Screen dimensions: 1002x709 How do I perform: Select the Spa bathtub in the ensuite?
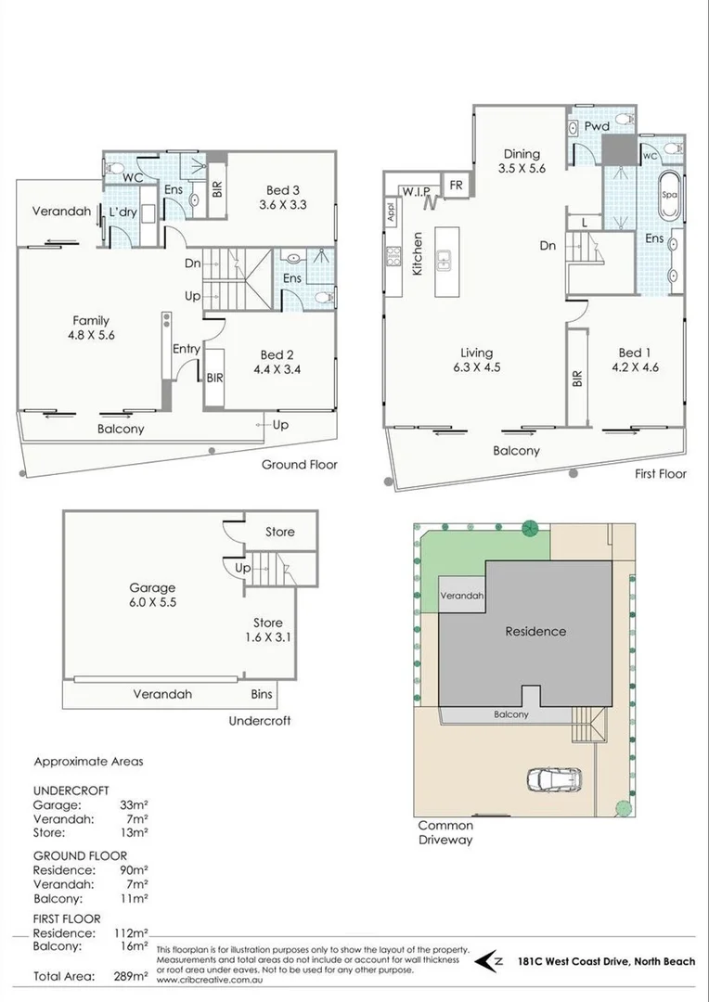(668, 196)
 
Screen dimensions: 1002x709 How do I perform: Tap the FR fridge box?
(456, 184)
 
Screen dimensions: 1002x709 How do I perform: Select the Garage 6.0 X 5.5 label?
(152, 595)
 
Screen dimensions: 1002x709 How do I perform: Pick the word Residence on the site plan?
(535, 632)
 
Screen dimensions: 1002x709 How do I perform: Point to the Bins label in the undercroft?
(263, 693)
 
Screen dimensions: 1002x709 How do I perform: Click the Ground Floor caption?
(299, 465)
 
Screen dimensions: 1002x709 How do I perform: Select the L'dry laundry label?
(123, 212)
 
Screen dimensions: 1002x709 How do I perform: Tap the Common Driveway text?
(445, 832)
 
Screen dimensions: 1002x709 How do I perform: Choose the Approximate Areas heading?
(88, 762)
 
